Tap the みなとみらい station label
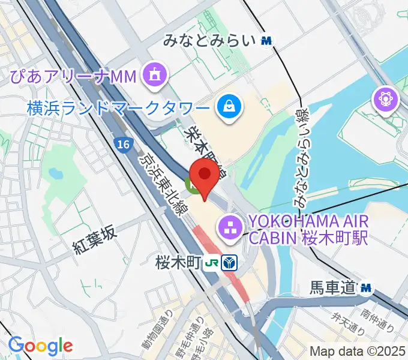click(211, 40)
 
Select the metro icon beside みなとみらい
click(267, 40)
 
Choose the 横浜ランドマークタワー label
click(119, 108)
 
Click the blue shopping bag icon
click(229, 108)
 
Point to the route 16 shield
click(123, 144)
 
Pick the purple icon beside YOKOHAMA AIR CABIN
click(229, 227)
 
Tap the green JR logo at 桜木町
click(211, 263)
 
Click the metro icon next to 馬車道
click(365, 289)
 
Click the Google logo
click(40, 346)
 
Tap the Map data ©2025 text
click(358, 351)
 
